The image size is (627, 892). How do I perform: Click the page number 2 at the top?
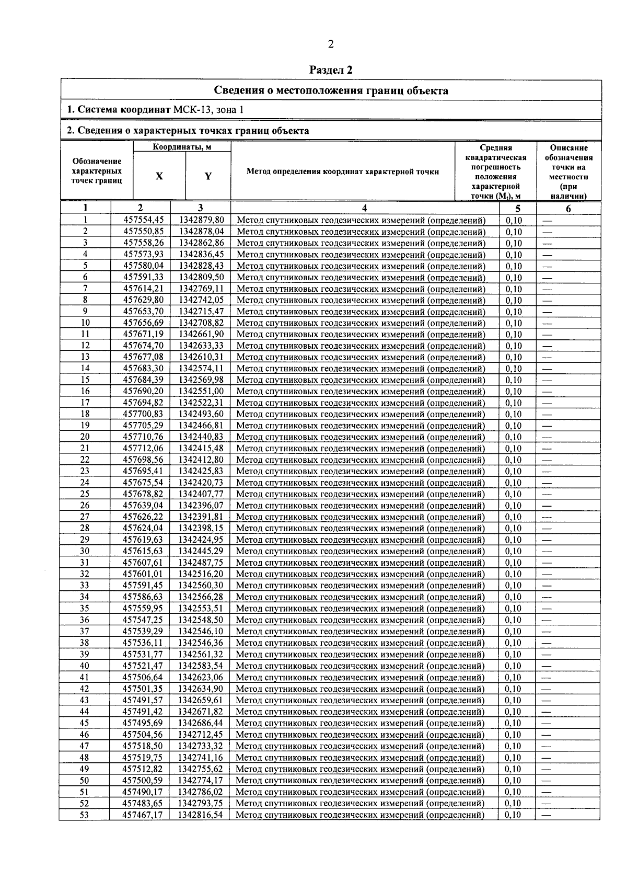click(331, 44)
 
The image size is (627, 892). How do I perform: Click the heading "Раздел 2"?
click(331, 70)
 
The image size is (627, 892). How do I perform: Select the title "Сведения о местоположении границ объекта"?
click(331, 90)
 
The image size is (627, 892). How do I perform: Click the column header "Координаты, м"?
click(182, 147)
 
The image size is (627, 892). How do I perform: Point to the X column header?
click(159, 176)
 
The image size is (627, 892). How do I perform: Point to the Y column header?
click(208, 176)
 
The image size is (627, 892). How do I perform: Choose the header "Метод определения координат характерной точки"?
click(342, 171)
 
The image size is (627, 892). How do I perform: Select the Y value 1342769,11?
click(201, 289)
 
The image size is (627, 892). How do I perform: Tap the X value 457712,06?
click(143, 448)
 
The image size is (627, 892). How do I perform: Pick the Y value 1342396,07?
click(201, 506)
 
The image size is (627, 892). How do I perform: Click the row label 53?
click(84, 815)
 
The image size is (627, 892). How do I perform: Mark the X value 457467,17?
click(143, 815)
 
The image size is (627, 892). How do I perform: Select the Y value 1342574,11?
click(201, 369)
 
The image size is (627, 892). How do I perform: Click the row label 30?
click(85, 551)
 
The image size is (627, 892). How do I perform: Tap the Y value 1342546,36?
click(201, 643)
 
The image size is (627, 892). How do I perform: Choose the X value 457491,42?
click(143, 712)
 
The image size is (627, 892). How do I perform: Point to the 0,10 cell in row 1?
click(514, 220)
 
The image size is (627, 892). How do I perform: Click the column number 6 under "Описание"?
click(568, 209)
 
